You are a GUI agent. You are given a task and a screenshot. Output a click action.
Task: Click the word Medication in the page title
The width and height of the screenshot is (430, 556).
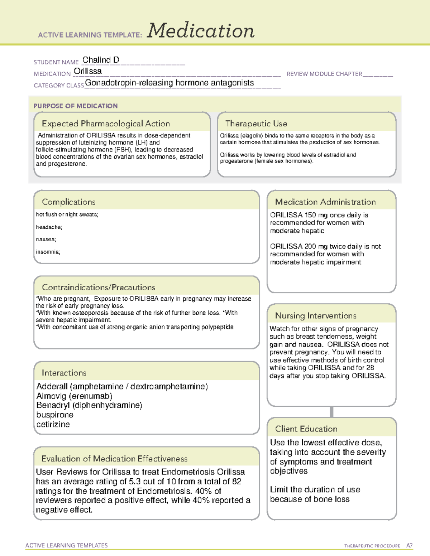(x=201, y=31)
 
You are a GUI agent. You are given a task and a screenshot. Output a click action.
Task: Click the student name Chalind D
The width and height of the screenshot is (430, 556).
(x=101, y=60)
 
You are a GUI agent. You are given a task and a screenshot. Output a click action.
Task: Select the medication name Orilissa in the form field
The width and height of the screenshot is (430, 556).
(x=88, y=71)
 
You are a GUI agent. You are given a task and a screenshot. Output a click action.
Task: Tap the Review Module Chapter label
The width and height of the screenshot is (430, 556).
(x=324, y=74)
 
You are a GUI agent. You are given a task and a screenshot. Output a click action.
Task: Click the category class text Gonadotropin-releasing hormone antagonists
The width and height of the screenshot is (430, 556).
(x=169, y=83)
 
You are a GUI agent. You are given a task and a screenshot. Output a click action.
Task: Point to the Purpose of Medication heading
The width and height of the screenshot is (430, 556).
(x=76, y=106)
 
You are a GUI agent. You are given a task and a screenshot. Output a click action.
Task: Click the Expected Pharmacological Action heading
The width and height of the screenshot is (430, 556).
(x=106, y=124)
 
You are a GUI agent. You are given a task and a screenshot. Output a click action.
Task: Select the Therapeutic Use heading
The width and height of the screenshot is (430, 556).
(x=256, y=124)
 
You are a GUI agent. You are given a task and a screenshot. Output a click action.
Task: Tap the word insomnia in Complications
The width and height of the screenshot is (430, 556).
(x=48, y=252)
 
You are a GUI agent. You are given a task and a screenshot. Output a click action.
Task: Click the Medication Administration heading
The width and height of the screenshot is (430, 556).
(x=325, y=202)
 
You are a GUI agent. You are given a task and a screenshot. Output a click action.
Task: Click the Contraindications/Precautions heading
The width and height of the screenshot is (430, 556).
(x=99, y=287)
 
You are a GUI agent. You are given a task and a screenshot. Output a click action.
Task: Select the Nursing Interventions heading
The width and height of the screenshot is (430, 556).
(x=316, y=316)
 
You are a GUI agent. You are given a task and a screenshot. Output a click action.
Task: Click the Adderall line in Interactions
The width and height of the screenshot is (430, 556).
(x=122, y=387)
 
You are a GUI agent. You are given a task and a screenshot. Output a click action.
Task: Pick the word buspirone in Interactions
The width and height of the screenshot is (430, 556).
(x=55, y=415)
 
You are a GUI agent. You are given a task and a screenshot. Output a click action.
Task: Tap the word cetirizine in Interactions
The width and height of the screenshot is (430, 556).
(x=53, y=425)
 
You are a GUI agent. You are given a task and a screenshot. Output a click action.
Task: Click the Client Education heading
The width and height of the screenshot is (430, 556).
(x=306, y=429)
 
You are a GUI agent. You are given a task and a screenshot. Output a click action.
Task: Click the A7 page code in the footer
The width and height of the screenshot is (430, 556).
(x=409, y=546)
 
